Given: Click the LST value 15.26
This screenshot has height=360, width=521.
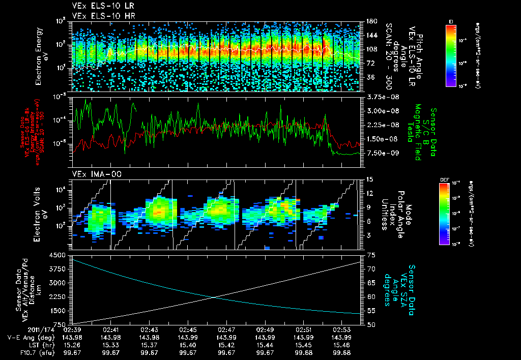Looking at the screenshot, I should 71,344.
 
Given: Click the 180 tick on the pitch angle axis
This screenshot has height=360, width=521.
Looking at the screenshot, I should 370,21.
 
